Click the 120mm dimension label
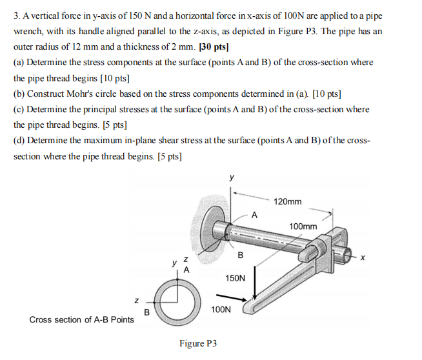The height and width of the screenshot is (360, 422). coord(288,202)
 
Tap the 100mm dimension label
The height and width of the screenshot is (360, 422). coord(303,226)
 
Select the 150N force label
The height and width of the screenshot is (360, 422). coord(235,278)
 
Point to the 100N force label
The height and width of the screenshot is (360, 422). coord(220,310)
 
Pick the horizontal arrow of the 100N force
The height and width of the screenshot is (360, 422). coord(235,298)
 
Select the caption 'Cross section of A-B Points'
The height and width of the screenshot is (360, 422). coord(83,319)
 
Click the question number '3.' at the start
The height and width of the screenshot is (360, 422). coord(17,15)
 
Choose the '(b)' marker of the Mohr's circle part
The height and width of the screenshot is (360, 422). coord(20,94)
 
